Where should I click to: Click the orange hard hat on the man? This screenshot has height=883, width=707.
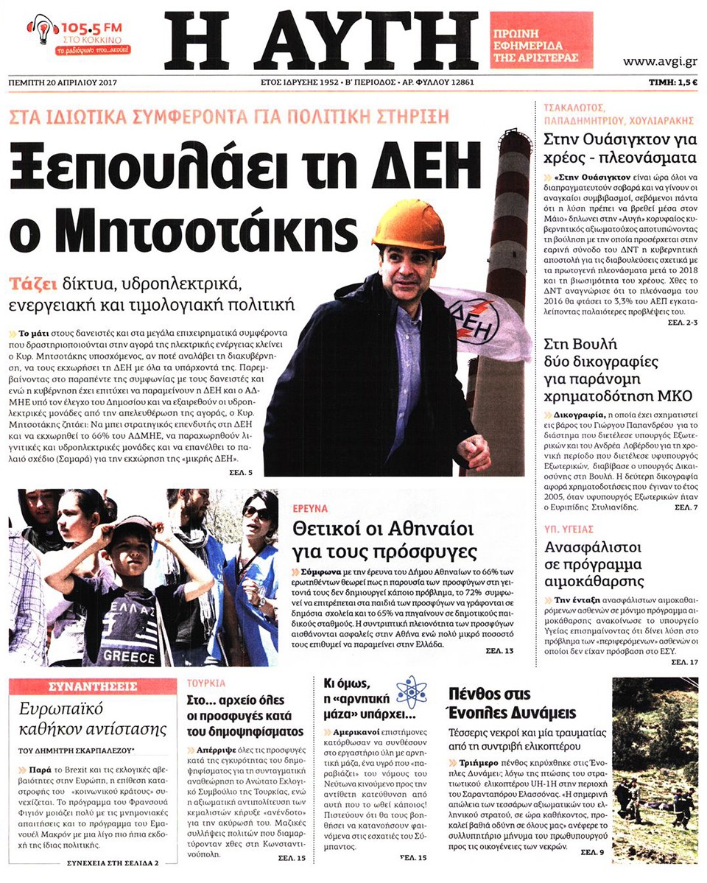[409, 226]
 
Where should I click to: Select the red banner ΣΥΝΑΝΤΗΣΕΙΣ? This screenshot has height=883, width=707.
[93, 686]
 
